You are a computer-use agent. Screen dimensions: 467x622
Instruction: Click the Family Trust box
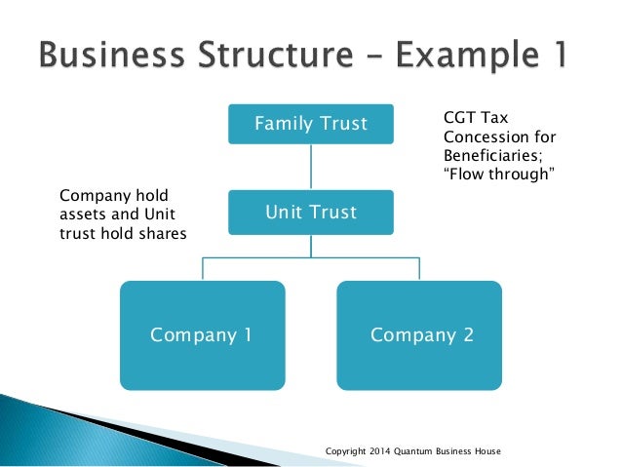(x=311, y=124)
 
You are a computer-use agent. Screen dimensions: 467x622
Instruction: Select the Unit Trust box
(x=311, y=212)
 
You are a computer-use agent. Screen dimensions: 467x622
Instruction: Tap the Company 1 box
(x=202, y=335)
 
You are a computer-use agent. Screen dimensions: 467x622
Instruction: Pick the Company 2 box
(x=421, y=335)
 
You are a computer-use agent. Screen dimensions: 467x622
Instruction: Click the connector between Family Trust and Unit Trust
(x=311, y=168)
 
